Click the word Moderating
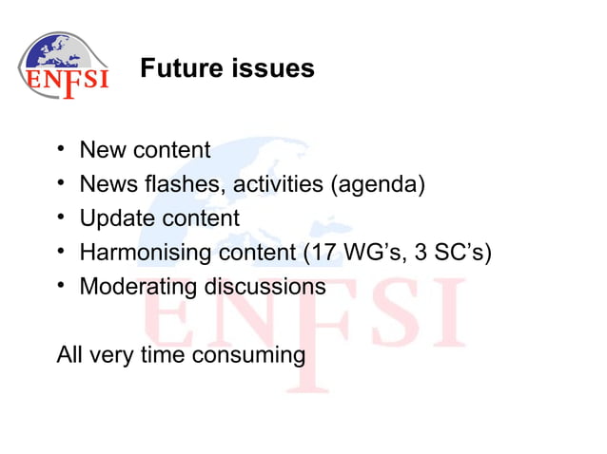click(139, 287)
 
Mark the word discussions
click(265, 287)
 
